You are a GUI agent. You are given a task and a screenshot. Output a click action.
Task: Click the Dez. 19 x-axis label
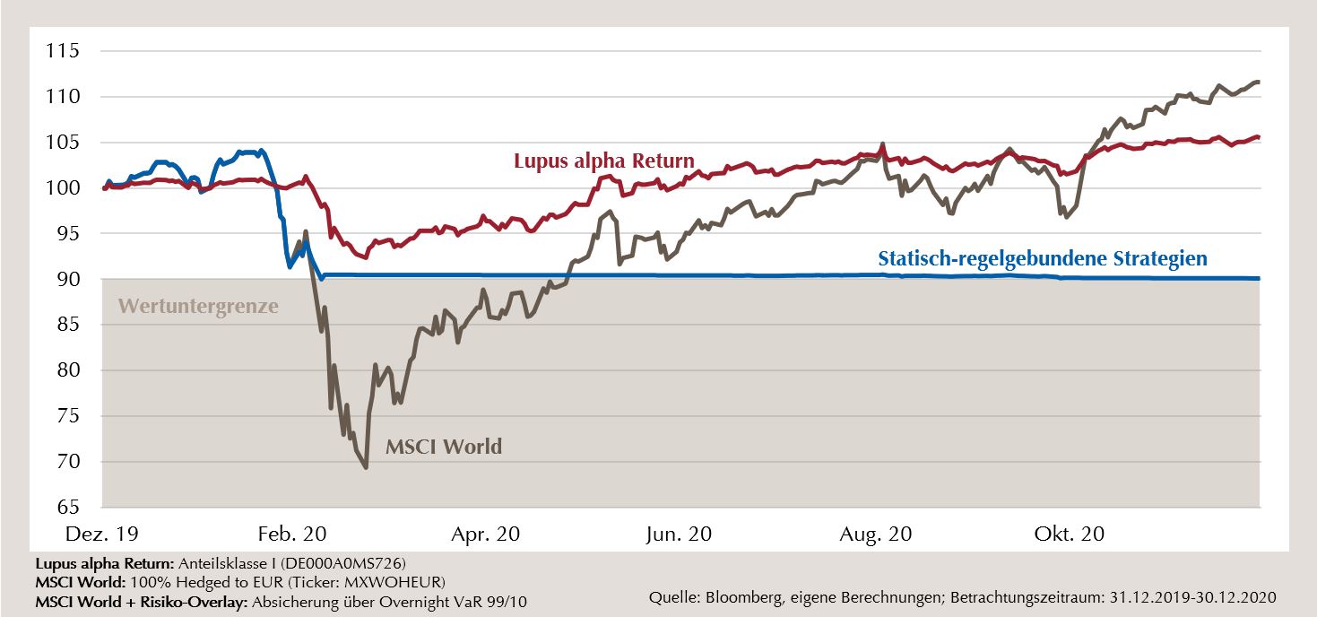(102, 534)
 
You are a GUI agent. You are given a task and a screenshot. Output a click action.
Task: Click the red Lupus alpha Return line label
(603, 161)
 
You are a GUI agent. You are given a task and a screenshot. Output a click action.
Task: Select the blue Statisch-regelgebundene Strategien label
(1043, 258)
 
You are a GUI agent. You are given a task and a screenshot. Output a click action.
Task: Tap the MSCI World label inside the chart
(444, 446)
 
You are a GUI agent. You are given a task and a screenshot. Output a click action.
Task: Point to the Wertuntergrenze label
(198, 307)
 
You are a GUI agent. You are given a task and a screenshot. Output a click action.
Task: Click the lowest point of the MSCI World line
(366, 467)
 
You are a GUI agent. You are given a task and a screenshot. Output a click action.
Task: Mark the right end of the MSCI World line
(1259, 82)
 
